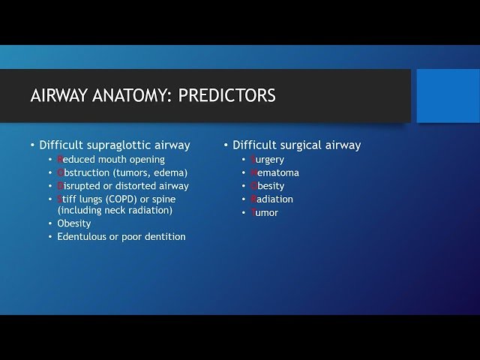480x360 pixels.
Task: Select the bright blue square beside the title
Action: click(x=448, y=95)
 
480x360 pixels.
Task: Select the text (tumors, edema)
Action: click(x=149, y=172)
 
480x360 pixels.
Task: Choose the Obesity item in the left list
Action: click(x=74, y=223)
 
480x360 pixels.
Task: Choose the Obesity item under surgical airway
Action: click(x=268, y=186)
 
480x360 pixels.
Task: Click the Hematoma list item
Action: click(x=274, y=172)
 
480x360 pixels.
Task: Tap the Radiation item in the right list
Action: click(x=271, y=199)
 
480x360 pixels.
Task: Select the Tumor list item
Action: click(x=265, y=213)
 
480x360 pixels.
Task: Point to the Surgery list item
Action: click(x=268, y=160)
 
